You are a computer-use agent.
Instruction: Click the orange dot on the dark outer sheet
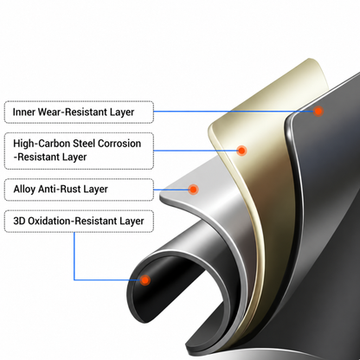coord(318,111)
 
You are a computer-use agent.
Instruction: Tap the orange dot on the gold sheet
coord(241,151)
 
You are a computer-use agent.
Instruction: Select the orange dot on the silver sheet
coord(193,190)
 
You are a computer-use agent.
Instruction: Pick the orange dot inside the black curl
coord(145,280)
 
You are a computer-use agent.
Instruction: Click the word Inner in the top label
coord(24,112)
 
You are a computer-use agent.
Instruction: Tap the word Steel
coord(84,144)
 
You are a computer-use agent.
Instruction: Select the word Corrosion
coord(119,144)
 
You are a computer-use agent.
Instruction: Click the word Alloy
coord(24,190)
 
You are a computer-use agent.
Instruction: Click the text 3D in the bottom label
coord(19,221)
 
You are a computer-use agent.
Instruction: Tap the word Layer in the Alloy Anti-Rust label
coord(95,190)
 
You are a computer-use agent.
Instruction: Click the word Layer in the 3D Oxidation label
coord(132,222)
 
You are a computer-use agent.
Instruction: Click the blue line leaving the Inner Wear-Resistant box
coord(234,111)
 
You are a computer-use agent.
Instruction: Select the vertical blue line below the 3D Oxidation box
coord(74,256)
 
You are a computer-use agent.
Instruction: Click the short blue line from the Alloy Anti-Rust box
coord(170,190)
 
